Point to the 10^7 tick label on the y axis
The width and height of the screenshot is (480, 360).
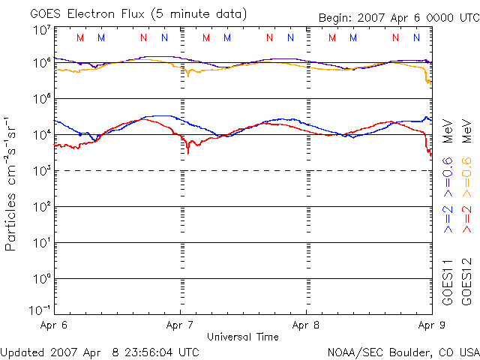(x=41, y=31)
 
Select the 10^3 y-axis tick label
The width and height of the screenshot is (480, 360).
(x=41, y=172)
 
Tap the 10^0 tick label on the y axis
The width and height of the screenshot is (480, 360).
(x=41, y=279)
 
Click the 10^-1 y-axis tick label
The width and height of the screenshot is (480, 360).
(x=41, y=310)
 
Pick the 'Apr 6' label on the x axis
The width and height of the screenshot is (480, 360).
(x=55, y=325)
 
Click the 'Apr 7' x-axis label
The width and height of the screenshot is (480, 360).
(x=181, y=325)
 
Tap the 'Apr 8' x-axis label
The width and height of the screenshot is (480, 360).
(x=306, y=325)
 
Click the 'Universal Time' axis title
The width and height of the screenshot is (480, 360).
(x=243, y=337)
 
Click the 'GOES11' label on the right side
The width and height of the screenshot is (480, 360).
(x=448, y=282)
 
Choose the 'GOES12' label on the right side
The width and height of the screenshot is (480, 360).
(x=466, y=282)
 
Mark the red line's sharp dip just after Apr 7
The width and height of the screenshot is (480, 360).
(x=188, y=152)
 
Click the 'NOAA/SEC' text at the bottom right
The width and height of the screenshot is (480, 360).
(x=352, y=352)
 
